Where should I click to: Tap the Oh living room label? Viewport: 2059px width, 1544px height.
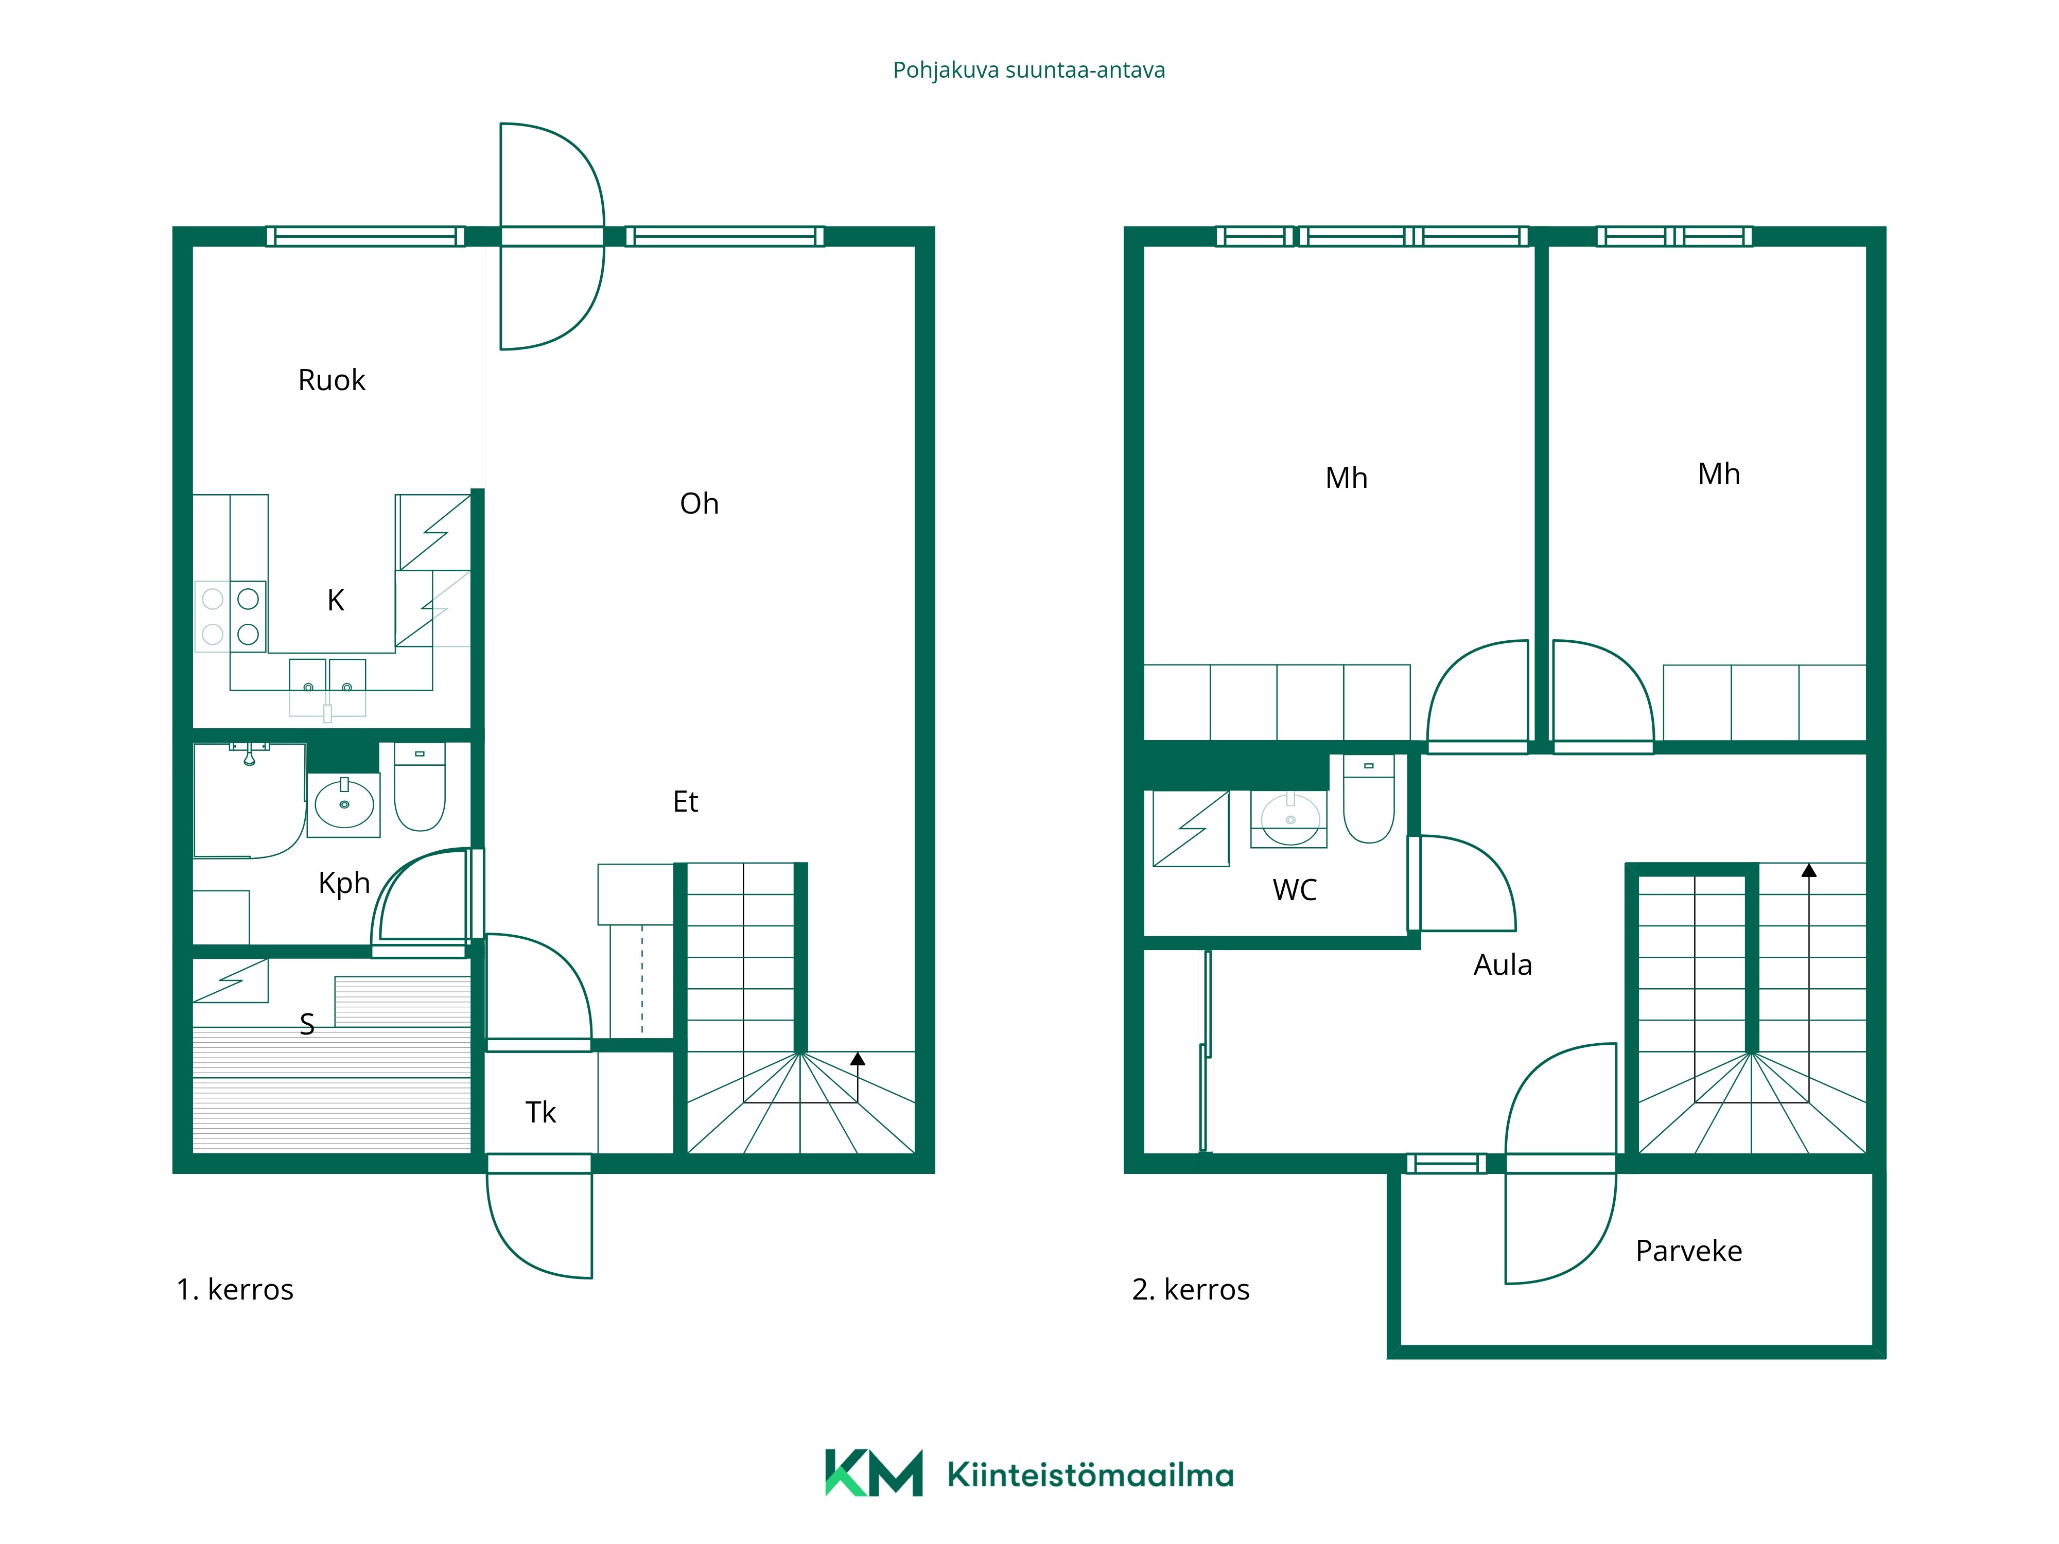pos(699,503)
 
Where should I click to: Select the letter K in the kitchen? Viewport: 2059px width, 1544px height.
pos(336,600)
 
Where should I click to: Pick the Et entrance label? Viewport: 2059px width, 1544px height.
pos(685,801)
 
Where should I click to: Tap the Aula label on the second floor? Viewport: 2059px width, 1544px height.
pos(1503,964)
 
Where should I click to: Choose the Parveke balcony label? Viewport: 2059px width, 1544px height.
pos(1688,1251)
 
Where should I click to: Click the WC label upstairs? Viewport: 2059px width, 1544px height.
pos(1295,890)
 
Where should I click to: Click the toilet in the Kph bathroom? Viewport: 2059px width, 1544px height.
pos(420,786)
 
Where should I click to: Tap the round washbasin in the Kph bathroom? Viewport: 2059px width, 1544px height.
pos(344,803)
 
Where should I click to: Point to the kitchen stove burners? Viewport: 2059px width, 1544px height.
pos(231,616)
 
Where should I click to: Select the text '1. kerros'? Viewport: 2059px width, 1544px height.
pos(235,1289)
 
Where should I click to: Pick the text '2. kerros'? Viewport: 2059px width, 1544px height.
pos(1191,1289)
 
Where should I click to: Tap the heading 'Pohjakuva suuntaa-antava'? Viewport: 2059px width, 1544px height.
pos(1028,71)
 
